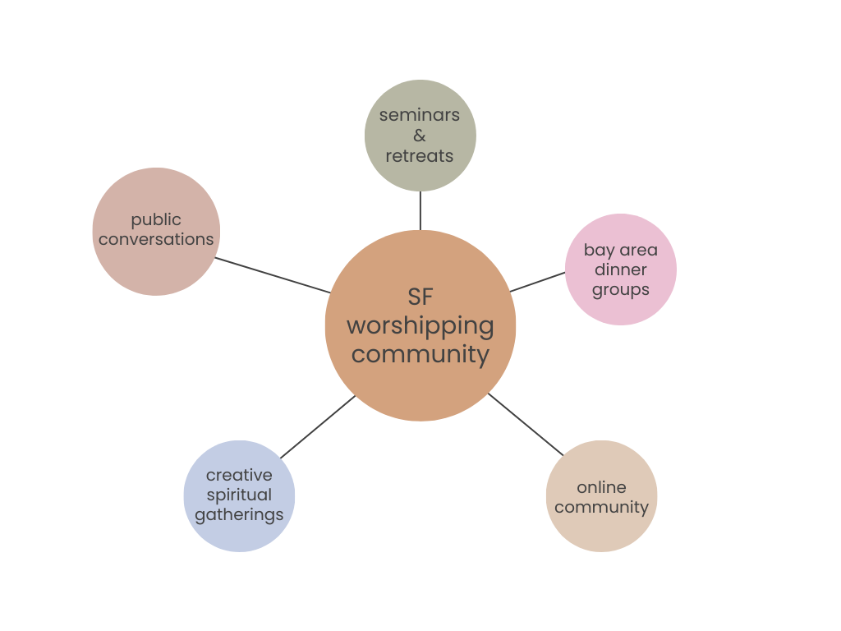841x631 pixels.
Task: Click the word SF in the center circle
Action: point(420,296)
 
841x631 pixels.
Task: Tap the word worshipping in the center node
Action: point(420,326)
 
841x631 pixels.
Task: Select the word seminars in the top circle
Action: point(420,115)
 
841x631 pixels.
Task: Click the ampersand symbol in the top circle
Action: point(420,136)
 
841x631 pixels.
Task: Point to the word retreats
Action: point(420,156)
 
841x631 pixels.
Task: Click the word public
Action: point(156,220)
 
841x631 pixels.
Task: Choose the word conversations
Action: point(156,239)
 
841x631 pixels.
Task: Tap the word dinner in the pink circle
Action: point(621,269)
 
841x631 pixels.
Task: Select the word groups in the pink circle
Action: point(621,290)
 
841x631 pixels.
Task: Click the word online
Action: point(601,487)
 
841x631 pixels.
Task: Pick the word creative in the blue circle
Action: point(239,475)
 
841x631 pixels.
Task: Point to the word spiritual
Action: point(239,495)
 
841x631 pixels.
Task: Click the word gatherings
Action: point(239,515)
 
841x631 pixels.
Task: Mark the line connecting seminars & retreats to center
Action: point(420,210)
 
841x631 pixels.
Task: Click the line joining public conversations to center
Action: point(273,275)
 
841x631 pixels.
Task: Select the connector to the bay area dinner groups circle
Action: point(538,282)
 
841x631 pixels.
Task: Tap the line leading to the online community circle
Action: point(526,424)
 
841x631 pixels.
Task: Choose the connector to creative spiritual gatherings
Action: point(318,427)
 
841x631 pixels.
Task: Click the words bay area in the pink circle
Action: point(621,250)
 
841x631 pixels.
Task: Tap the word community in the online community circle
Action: point(601,507)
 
